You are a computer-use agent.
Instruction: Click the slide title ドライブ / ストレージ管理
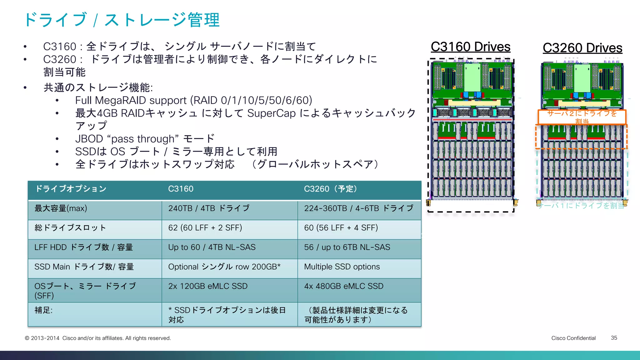point(122,20)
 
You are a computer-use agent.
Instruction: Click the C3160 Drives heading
point(470,47)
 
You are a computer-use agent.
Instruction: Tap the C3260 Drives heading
point(582,48)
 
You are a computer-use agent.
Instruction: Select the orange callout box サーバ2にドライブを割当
point(582,117)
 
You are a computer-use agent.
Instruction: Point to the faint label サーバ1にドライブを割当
point(581,205)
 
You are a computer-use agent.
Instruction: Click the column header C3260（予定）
point(331,189)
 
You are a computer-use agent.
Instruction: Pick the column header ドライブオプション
point(71,189)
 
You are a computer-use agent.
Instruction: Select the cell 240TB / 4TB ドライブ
point(209,208)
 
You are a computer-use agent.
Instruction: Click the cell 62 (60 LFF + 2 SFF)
point(205,228)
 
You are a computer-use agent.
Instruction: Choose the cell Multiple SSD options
point(342,267)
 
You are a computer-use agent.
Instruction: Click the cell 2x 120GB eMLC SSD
point(208,286)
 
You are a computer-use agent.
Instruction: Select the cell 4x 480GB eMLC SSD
point(344,286)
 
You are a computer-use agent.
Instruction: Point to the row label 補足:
point(43,310)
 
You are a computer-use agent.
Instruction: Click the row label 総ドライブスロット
point(70,228)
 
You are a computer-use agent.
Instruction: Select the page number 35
point(614,338)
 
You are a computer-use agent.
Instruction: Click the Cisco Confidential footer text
point(573,338)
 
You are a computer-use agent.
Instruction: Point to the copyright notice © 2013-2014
point(97,338)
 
